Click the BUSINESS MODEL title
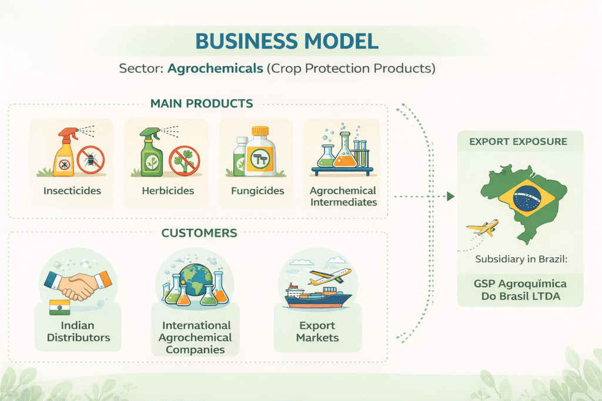click(287, 41)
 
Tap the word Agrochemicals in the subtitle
click(215, 68)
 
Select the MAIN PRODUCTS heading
click(202, 103)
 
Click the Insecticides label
click(72, 191)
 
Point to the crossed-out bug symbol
click(91, 160)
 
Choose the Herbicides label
click(168, 191)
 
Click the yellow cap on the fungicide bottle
click(260, 131)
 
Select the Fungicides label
click(257, 191)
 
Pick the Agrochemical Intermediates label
click(343, 196)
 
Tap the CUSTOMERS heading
click(199, 233)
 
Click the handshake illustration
click(78, 285)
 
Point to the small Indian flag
click(60, 307)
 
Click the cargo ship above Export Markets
click(318, 296)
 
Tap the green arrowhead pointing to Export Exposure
click(451, 197)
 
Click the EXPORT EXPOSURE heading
click(519, 141)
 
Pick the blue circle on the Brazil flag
click(527, 198)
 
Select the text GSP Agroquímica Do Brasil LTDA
click(521, 290)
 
